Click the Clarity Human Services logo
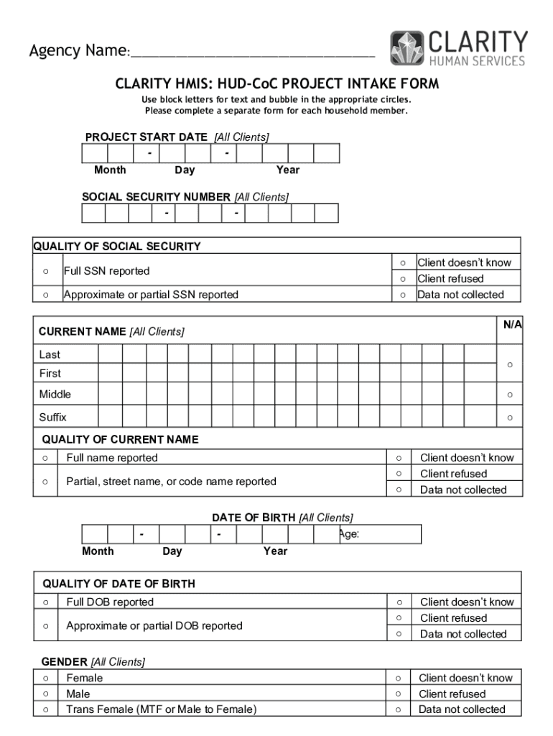pos(458,49)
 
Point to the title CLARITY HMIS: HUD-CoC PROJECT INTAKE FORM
pos(276,84)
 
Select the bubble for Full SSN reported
pos(45,271)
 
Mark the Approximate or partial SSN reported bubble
pos(45,295)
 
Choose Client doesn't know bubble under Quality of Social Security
pos(403,263)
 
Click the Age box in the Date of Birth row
pos(379,534)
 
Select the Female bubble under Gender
pos(45,678)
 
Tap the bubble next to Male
pos(45,694)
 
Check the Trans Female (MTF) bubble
pos(45,710)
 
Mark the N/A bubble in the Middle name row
pos(510,395)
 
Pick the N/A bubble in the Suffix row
pos(510,418)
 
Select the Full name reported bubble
pos(45,458)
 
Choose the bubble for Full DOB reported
pos(45,602)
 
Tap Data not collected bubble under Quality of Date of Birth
pos(398,634)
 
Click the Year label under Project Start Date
pos(288,170)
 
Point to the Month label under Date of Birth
pos(98,551)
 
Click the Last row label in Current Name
pos(50,355)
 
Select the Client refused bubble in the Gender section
pos(397,694)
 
